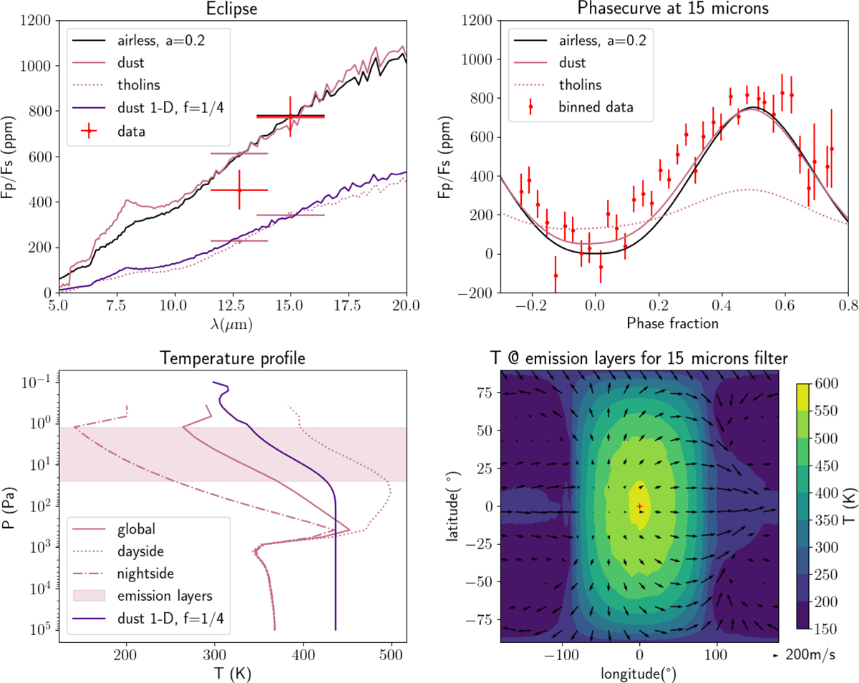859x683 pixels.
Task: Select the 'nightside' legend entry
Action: point(145,573)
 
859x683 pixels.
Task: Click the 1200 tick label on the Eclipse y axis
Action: point(31,21)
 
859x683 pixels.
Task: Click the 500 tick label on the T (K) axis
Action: point(391,654)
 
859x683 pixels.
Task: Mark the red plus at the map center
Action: point(639,507)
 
